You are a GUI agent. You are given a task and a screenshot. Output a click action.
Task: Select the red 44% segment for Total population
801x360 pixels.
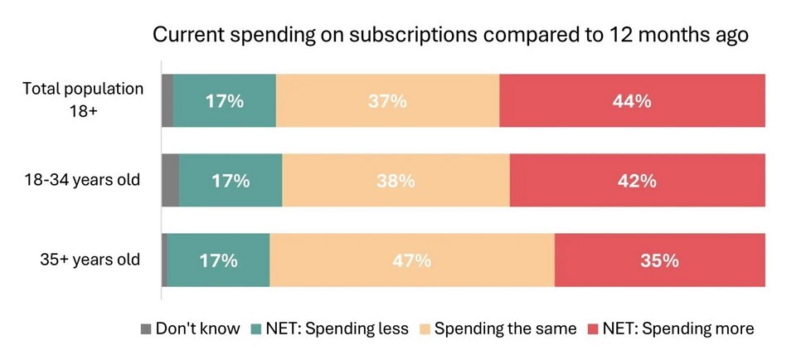pos(632,101)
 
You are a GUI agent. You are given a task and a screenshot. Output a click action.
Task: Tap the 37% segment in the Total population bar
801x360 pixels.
pos(387,101)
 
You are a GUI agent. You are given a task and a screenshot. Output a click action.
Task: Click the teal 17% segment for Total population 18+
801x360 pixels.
pos(224,101)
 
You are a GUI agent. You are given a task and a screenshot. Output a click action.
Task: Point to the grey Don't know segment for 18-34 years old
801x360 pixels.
pos(170,180)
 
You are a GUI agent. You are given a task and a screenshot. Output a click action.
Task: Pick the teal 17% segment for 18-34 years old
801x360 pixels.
pos(231,180)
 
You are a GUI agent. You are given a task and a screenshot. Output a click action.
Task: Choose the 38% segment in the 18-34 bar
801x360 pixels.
pos(396,180)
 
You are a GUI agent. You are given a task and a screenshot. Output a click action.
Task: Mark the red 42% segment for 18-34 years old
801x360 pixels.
pos(637,180)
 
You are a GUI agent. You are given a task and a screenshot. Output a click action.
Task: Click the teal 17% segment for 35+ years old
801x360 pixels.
pos(218,260)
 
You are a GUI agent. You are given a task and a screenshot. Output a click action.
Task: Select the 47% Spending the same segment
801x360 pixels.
pos(411,260)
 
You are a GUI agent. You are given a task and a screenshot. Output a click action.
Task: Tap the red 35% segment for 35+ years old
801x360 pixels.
pos(659,260)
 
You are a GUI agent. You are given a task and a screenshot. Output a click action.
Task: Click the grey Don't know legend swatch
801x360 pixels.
pos(146,329)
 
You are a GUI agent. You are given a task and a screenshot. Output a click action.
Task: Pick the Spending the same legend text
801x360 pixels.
pos(505,329)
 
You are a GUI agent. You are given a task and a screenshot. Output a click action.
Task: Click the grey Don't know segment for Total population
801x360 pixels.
pos(167,101)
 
